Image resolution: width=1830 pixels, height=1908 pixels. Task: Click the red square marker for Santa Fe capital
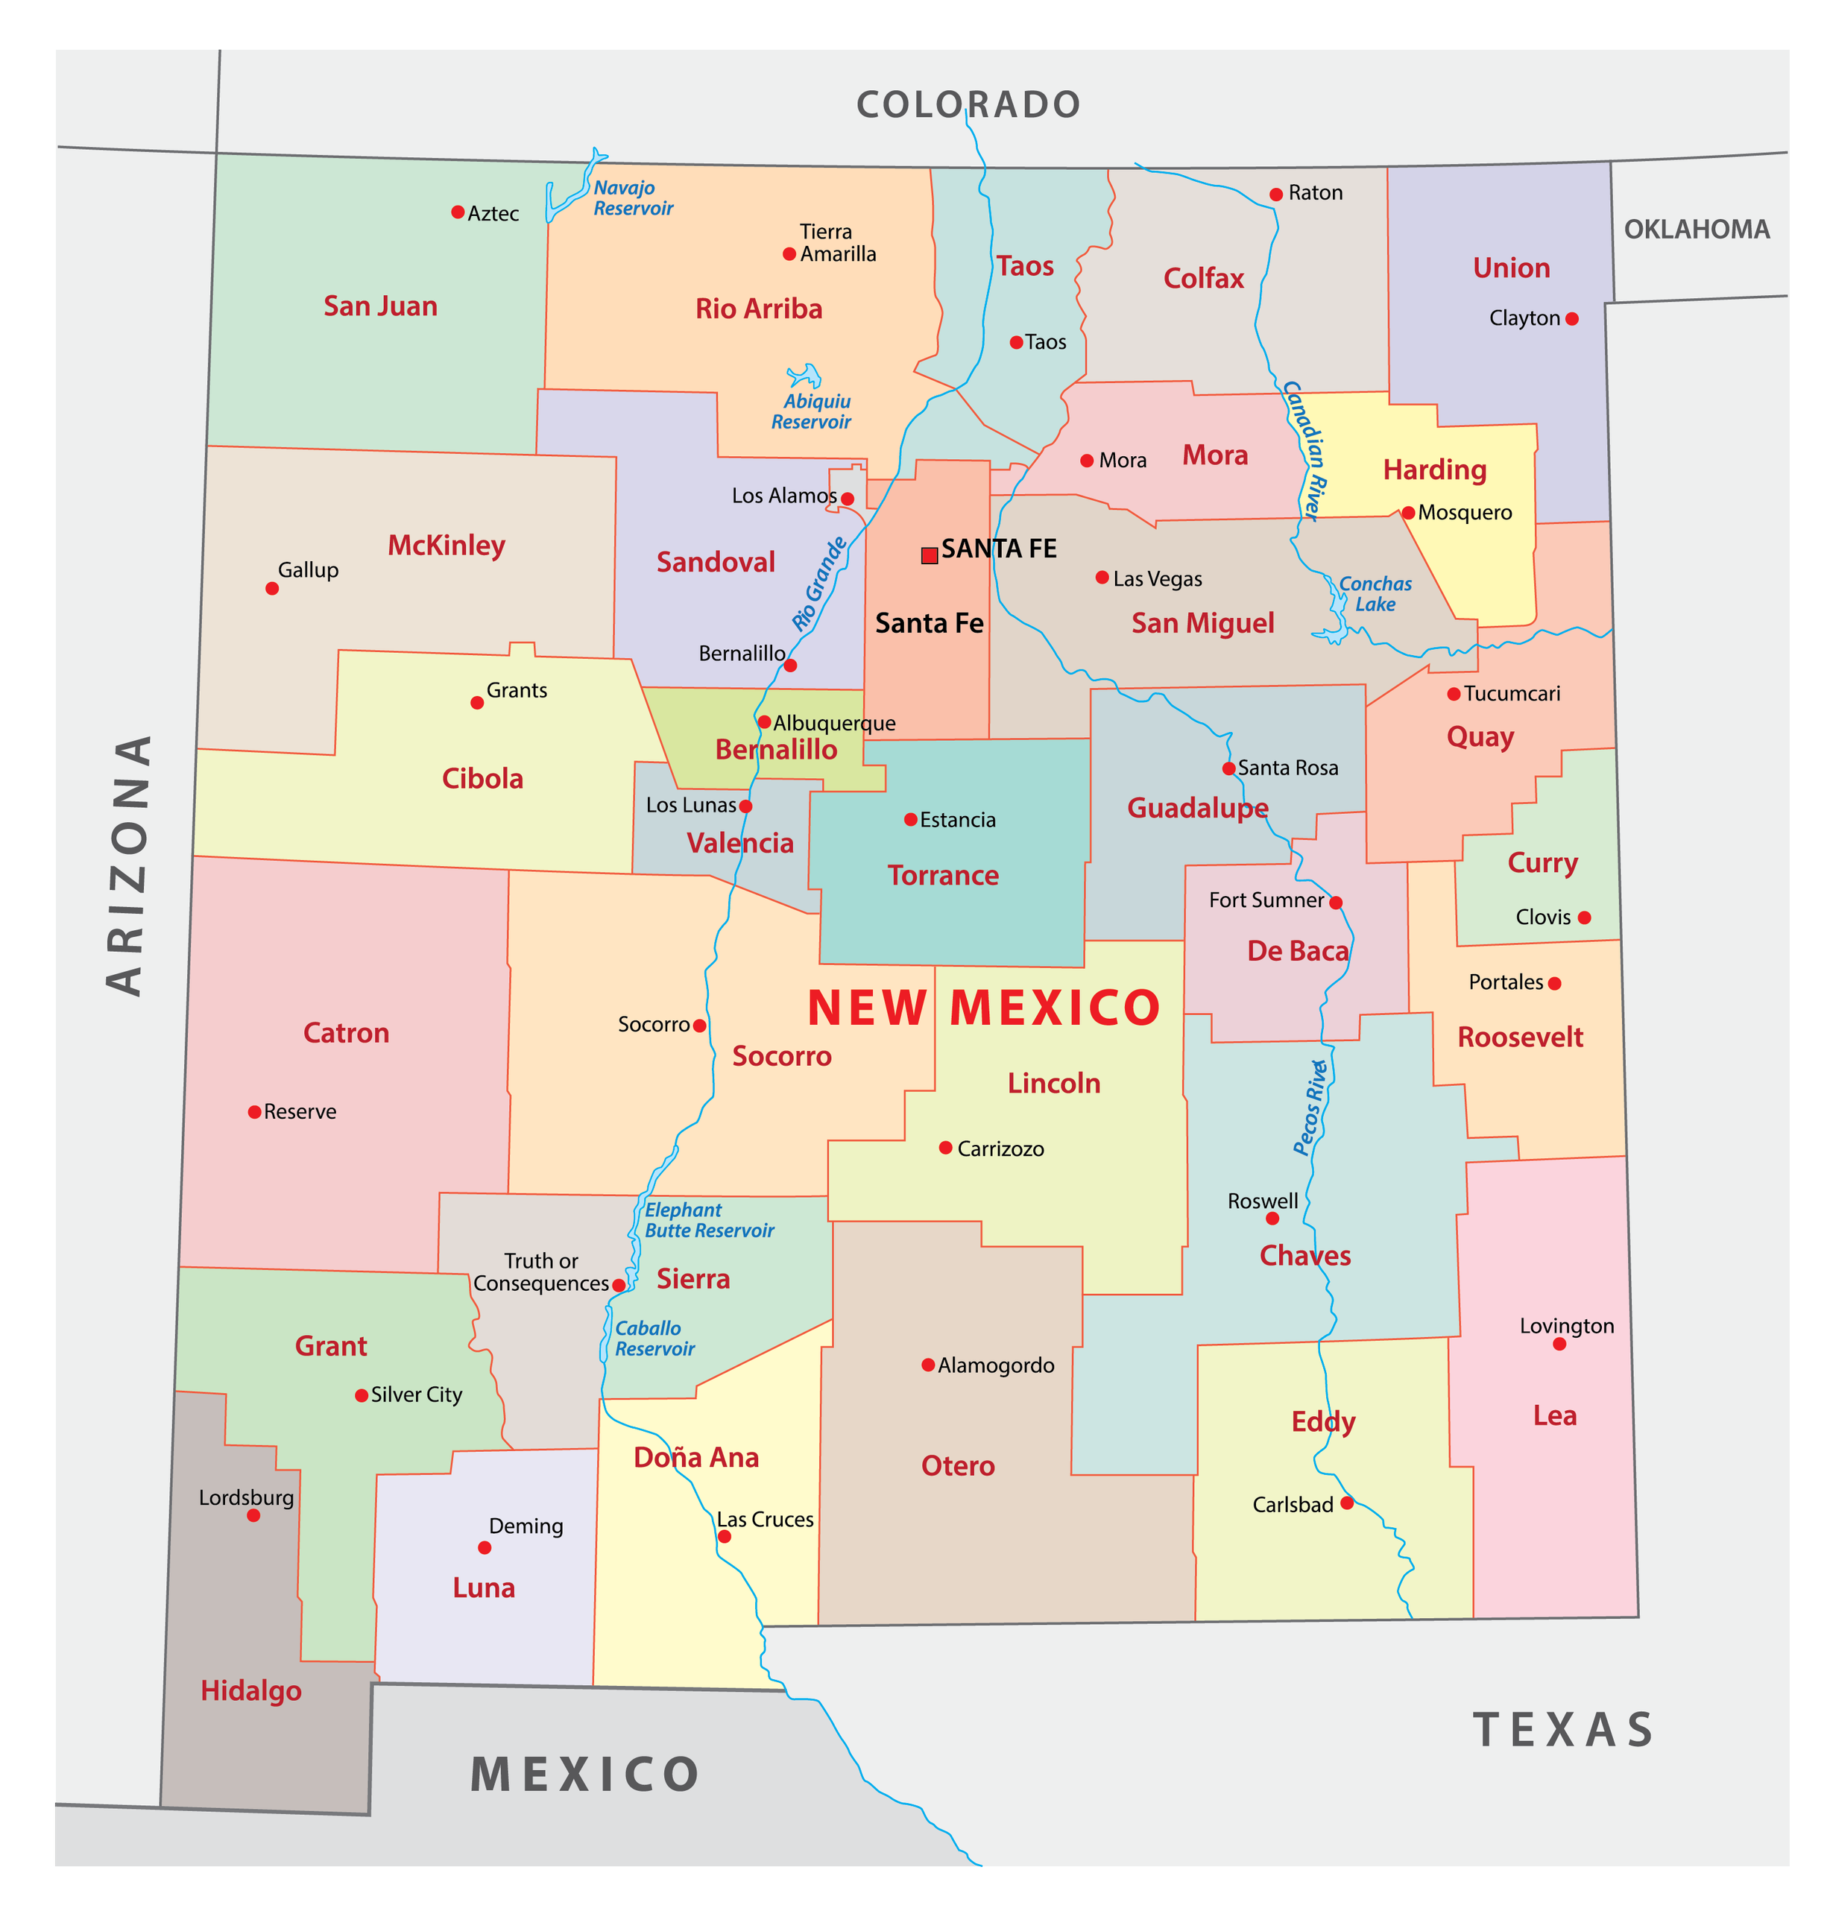[930, 555]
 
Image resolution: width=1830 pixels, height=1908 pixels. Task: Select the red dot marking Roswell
[1272, 1218]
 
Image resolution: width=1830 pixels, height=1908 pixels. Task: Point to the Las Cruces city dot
[725, 1536]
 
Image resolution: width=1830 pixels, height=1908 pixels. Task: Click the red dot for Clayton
[1572, 318]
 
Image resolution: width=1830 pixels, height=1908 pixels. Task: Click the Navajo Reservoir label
[633, 198]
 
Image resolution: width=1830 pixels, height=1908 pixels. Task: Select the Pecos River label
[1311, 1108]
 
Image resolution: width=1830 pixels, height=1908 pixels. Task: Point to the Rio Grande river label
[818, 584]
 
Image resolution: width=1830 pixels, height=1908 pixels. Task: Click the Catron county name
[346, 1033]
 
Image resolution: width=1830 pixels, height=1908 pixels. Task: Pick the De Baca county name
[1298, 951]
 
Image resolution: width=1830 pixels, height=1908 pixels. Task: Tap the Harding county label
[1435, 470]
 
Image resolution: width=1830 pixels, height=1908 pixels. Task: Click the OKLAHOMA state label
[1697, 230]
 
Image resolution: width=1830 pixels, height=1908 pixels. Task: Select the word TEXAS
[1563, 1730]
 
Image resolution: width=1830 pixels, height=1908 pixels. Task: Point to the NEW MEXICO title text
[984, 1008]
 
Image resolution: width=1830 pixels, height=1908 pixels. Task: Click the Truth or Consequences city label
[541, 1272]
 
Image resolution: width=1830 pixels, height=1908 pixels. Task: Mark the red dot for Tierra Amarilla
[789, 254]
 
